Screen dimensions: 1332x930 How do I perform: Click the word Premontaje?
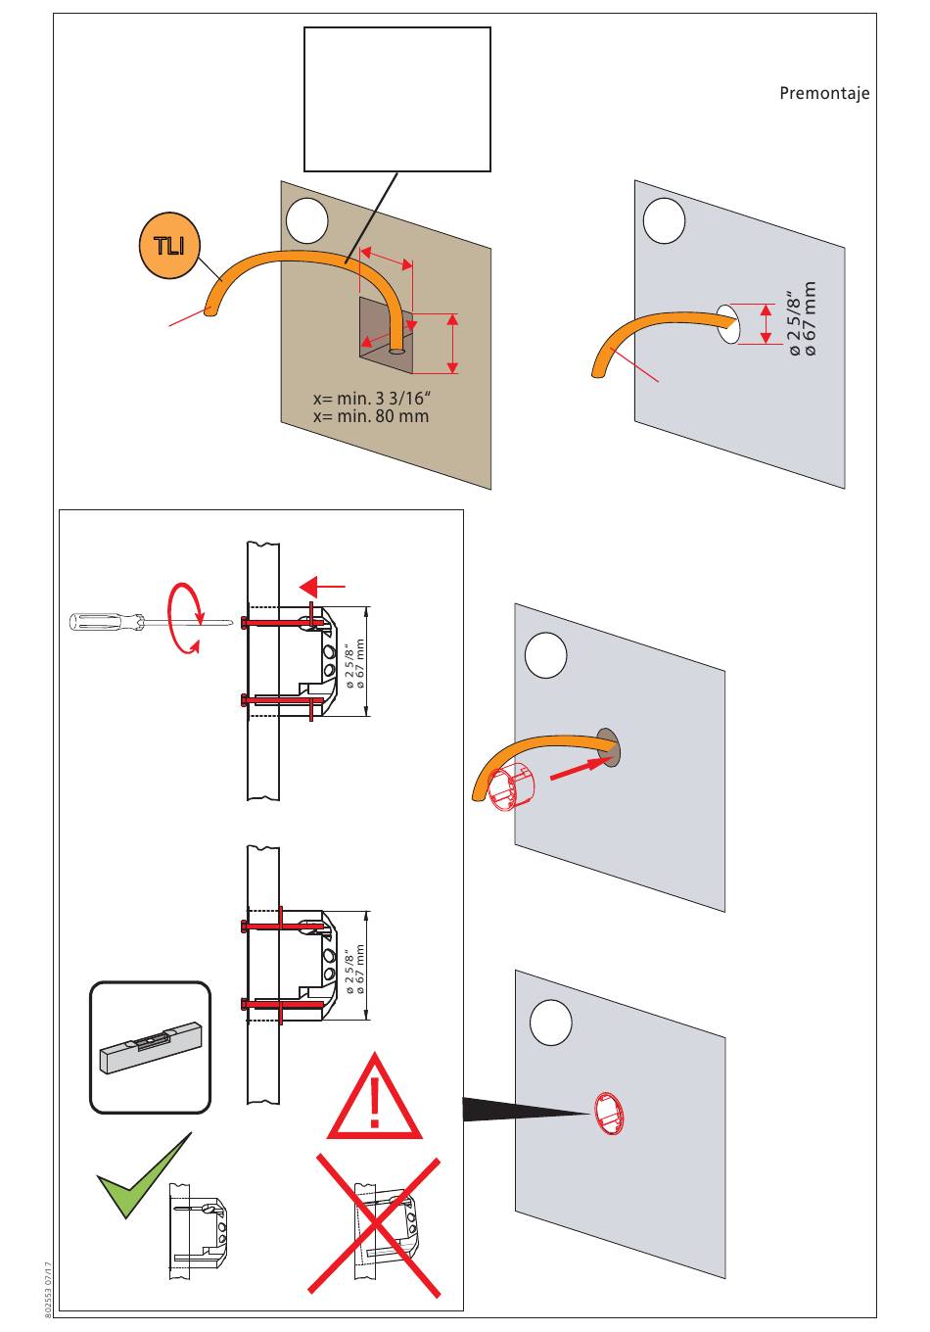824,94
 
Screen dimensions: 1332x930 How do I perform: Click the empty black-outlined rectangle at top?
396,99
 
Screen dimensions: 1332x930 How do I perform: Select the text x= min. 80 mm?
370,416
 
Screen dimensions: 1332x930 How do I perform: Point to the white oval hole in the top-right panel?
727,324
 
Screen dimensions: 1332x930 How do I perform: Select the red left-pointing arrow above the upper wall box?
323,586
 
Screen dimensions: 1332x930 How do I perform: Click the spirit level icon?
150,1047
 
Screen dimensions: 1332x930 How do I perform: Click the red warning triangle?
374,1099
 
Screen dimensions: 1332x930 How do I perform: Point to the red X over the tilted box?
374,1224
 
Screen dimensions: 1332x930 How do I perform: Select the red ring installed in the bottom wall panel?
608,1115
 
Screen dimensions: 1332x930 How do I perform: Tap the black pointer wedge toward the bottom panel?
524,1109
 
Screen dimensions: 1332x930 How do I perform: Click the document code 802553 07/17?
48,1291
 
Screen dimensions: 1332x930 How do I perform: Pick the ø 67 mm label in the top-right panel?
810,319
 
